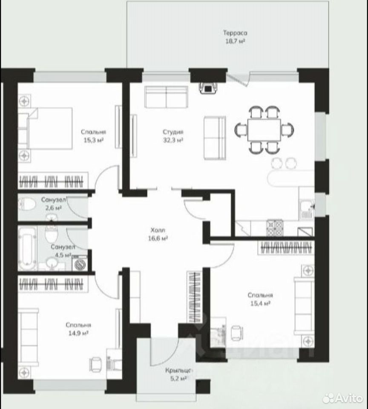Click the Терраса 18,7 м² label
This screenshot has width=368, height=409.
point(235,37)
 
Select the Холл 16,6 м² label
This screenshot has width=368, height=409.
point(158,234)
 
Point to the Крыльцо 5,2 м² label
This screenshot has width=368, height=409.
point(178,374)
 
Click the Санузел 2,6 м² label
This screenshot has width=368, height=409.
point(53,204)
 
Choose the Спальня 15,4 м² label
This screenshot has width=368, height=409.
point(260,299)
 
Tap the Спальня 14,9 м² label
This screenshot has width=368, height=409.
point(78,329)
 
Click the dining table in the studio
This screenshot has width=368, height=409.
point(264,130)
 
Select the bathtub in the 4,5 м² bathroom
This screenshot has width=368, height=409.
point(27,248)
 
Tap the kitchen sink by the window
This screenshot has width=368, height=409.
point(307,209)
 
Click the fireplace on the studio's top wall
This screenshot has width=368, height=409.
point(208,88)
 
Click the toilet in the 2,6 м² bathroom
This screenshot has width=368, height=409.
point(27,204)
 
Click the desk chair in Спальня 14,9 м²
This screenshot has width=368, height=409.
point(95,364)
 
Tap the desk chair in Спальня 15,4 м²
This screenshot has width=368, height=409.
point(236,333)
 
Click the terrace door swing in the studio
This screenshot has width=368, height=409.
point(238,79)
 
